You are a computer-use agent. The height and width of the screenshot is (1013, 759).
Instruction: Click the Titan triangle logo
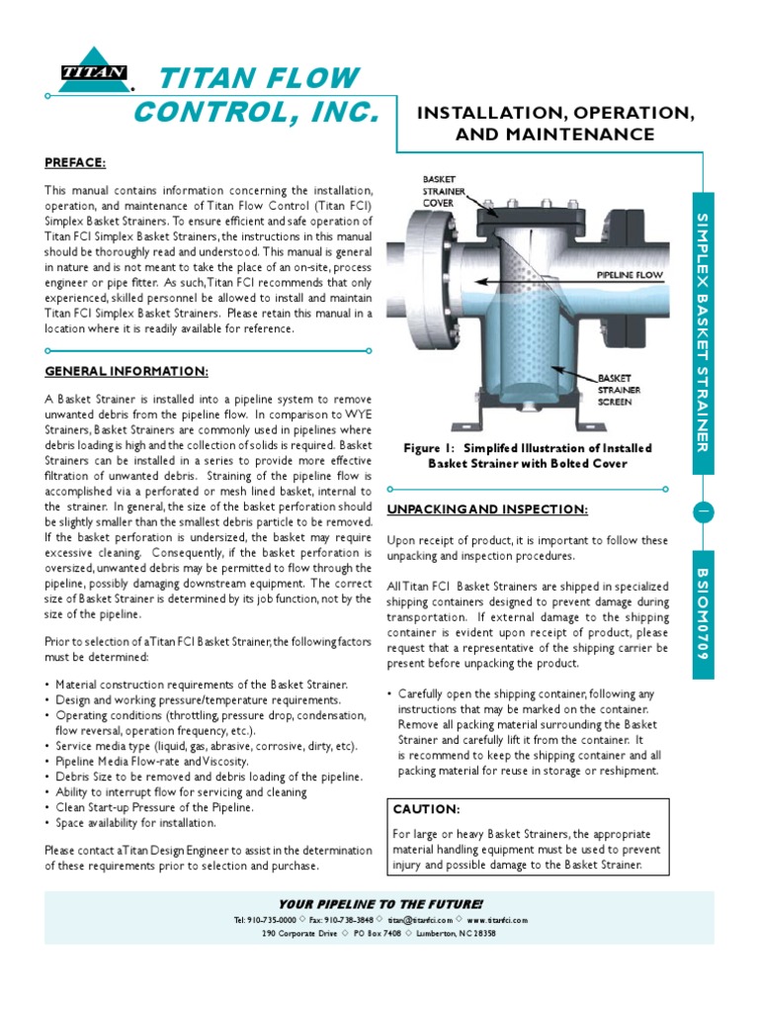pos(93,70)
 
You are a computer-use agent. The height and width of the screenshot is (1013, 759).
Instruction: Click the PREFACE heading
pos(75,162)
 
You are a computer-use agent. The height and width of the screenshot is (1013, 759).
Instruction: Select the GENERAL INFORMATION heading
pos(126,371)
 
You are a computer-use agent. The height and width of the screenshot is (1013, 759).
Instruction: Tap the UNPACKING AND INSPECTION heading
pos(487,509)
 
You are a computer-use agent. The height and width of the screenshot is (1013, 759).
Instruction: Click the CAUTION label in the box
pos(426,809)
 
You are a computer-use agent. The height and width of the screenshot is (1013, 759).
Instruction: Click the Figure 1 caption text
pos(527,455)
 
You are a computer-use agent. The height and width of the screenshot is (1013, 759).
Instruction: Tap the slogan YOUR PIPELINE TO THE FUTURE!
pos(380,904)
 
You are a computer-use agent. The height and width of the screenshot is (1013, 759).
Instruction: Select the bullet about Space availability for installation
pos(135,822)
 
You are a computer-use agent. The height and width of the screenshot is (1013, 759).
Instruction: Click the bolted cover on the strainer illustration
pos(524,211)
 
